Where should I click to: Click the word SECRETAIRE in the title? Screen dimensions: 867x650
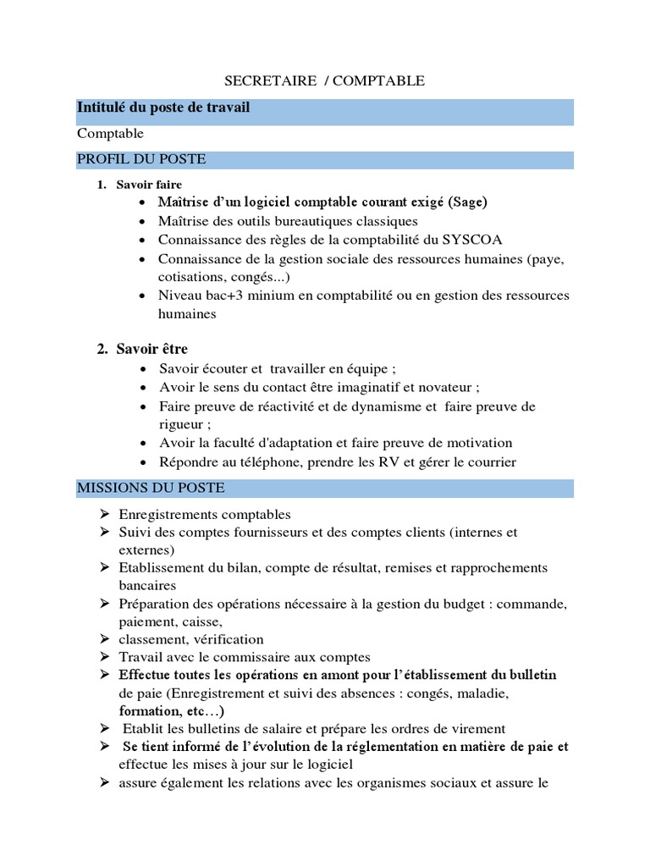[x=259, y=81]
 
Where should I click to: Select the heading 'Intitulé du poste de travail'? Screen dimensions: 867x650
[x=163, y=108]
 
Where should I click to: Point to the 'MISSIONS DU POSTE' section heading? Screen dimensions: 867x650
[x=151, y=488]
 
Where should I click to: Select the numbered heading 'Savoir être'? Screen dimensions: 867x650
[x=151, y=349]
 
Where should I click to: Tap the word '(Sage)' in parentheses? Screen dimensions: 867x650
[x=468, y=202]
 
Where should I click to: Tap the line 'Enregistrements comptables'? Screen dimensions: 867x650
[x=205, y=515]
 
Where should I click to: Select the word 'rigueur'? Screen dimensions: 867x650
[x=182, y=424]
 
